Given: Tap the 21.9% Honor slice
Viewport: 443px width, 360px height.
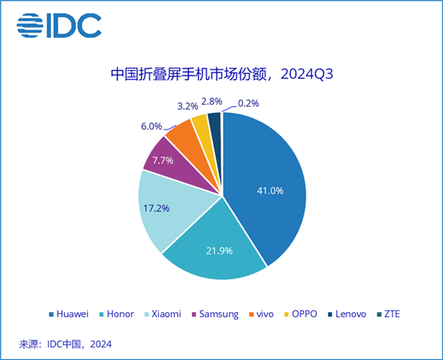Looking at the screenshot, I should coord(214,247).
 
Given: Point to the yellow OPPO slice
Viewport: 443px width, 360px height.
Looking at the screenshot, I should coord(200,127).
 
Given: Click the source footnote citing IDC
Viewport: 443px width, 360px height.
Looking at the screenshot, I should coord(67,343).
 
